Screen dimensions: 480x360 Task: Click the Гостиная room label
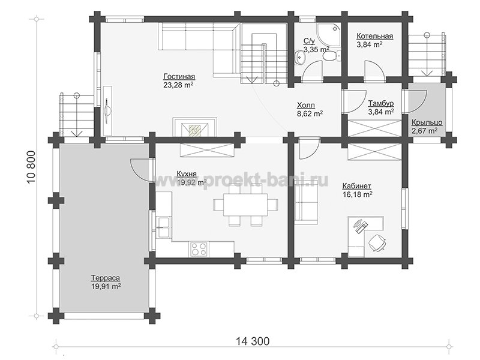click(179, 76)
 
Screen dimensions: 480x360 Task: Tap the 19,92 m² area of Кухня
click(191, 183)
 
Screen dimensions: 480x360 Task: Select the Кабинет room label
click(356, 186)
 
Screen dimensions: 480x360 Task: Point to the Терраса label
click(106, 278)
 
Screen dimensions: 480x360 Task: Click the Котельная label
click(374, 37)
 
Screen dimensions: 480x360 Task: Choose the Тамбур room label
click(381, 103)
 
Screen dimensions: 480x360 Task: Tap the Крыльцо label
click(427, 122)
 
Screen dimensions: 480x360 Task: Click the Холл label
click(306, 106)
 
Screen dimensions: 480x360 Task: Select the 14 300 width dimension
click(253, 341)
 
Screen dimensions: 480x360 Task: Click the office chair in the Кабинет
click(377, 242)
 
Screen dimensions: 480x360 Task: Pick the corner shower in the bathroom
click(328, 36)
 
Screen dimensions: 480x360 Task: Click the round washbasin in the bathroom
click(299, 57)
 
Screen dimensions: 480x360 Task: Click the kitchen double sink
click(164, 227)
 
